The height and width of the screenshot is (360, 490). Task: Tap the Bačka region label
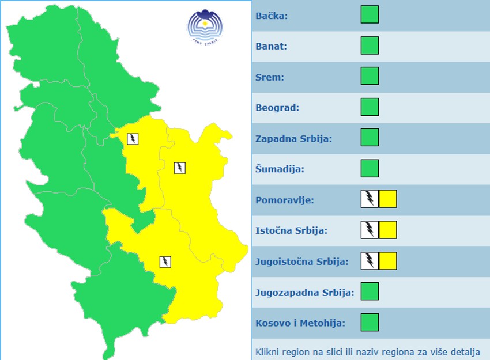click(272, 16)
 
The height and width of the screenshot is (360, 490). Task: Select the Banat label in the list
click(272, 46)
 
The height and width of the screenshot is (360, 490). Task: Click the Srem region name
click(270, 77)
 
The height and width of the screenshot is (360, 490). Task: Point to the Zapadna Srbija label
click(294, 139)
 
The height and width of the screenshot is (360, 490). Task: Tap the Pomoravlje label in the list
click(285, 200)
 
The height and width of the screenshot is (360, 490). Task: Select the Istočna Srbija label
click(292, 231)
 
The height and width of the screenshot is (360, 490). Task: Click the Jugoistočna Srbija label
click(302, 262)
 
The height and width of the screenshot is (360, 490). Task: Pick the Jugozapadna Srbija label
click(304, 293)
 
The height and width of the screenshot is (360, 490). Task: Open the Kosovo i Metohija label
click(300, 323)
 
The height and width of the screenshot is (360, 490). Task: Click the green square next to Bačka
click(370, 14)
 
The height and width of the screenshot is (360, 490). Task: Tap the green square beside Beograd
click(370, 107)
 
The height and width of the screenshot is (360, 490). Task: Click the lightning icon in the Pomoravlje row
click(370, 199)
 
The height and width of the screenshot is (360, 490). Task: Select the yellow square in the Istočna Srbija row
click(389, 230)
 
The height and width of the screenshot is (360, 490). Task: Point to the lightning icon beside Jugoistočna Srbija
click(370, 261)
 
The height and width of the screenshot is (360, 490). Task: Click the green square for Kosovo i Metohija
click(370, 323)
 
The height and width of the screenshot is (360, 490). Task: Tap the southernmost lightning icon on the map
click(165, 262)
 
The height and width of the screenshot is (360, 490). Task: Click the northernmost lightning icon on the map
click(133, 139)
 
